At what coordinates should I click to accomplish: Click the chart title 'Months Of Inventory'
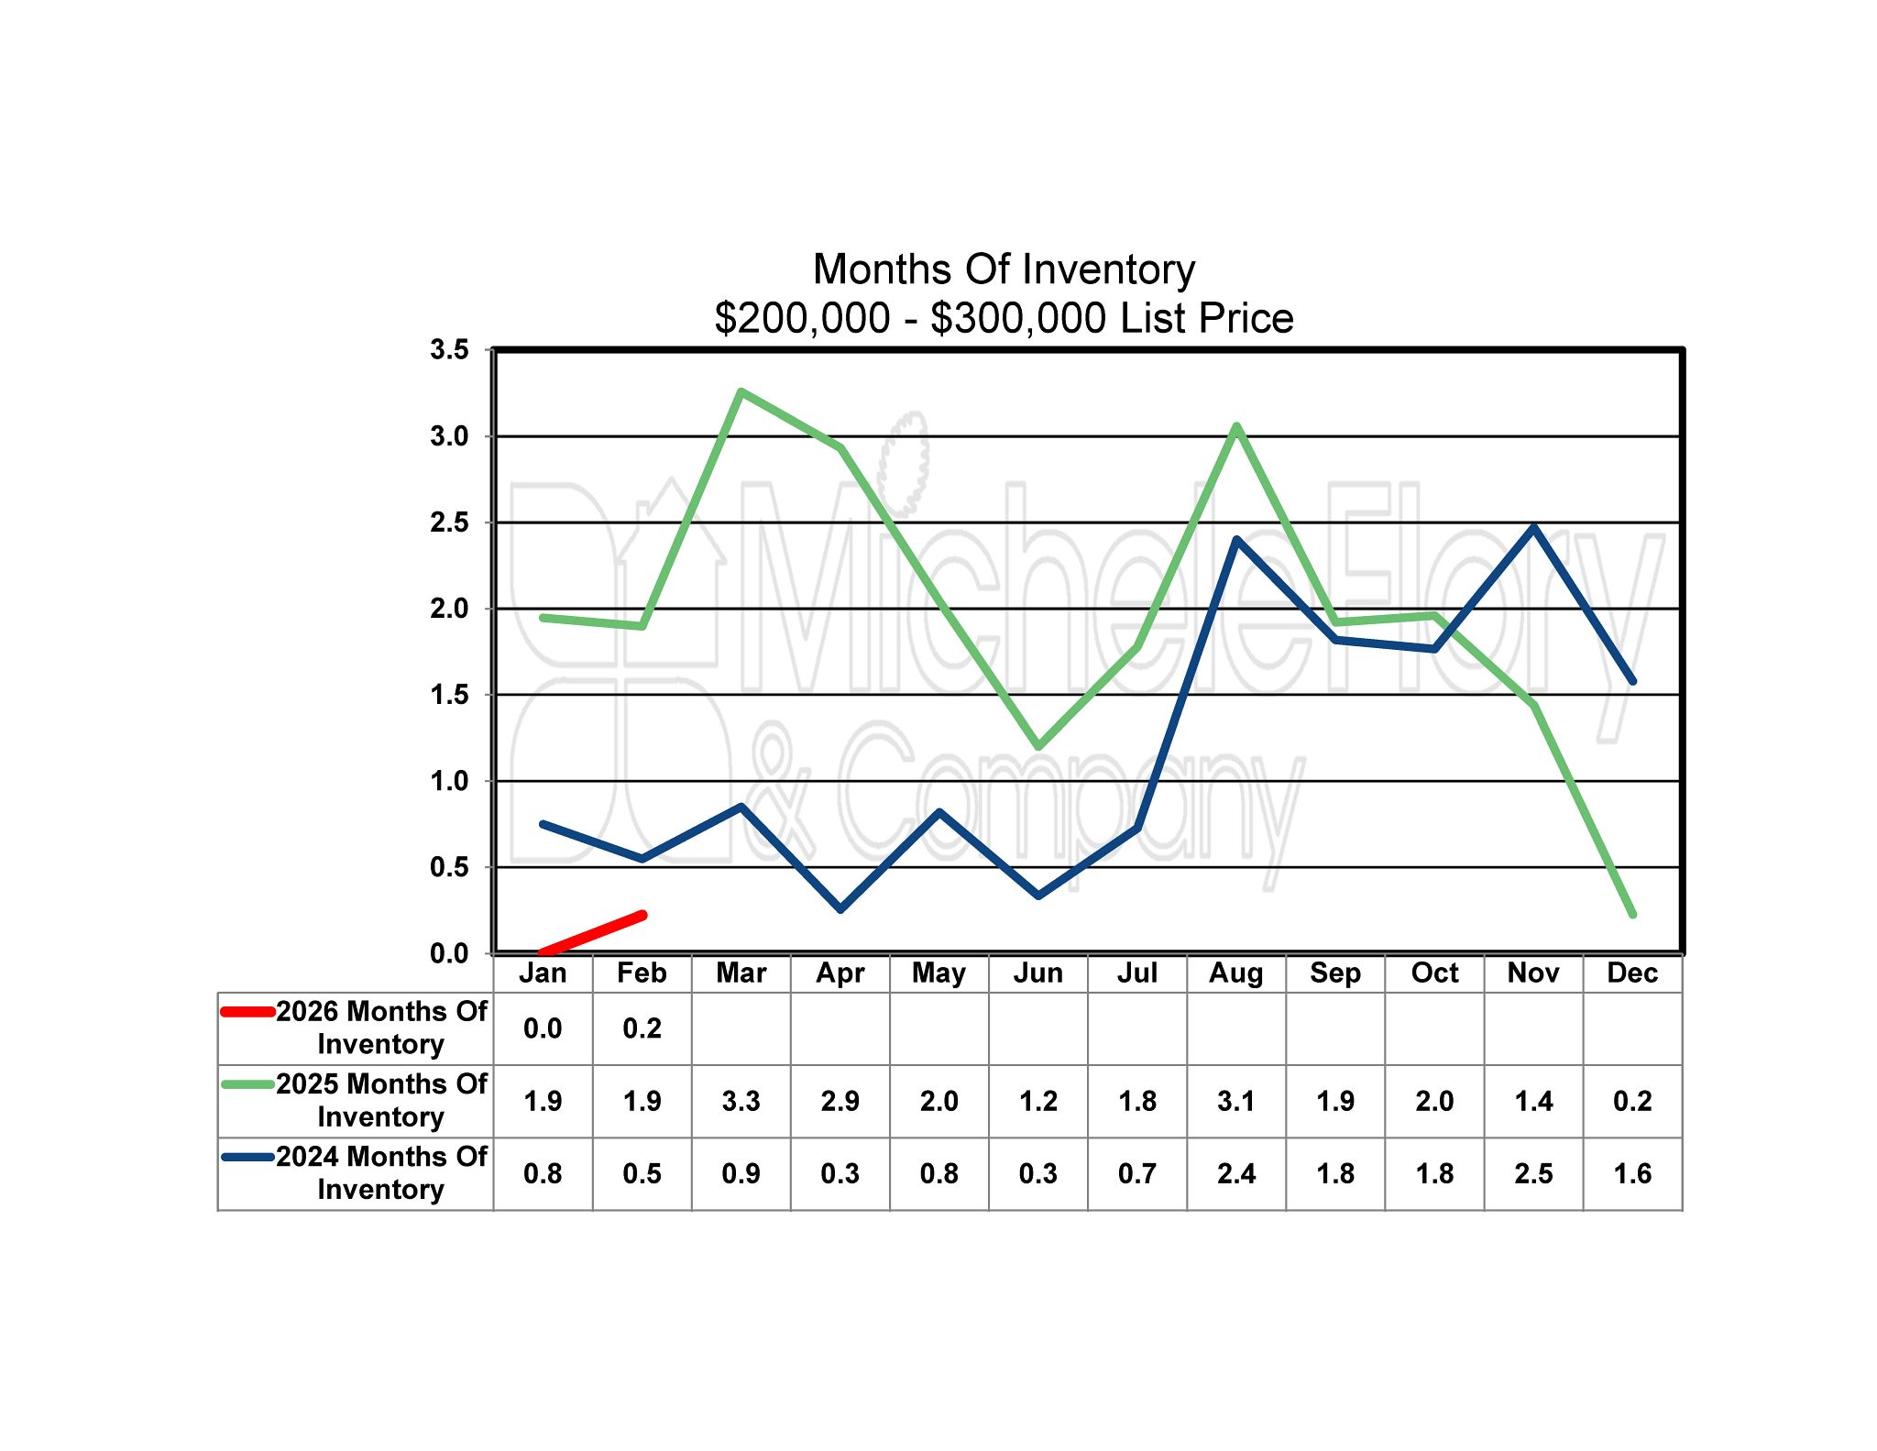click(1004, 269)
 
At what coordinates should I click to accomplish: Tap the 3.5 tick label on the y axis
click(449, 349)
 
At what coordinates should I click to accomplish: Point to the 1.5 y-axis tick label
click(449, 695)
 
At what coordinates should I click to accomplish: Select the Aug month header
click(1235, 973)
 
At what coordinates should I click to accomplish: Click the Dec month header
click(1632, 973)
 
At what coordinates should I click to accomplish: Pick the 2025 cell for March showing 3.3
click(741, 1101)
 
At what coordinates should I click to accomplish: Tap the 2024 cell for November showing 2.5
click(1533, 1173)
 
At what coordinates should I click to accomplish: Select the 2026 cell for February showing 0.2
click(642, 1028)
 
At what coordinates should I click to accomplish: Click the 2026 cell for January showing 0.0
click(543, 1028)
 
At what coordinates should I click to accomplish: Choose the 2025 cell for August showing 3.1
click(1235, 1101)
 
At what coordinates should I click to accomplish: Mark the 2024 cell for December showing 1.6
click(1632, 1173)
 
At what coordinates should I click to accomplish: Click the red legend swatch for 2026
click(247, 1012)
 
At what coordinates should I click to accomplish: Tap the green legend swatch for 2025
click(247, 1084)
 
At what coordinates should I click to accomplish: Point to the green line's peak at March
click(741, 392)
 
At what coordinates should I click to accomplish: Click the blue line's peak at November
click(1533, 527)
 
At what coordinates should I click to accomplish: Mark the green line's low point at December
click(1632, 914)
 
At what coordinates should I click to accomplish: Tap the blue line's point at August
click(1236, 540)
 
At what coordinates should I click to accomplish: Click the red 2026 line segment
click(593, 933)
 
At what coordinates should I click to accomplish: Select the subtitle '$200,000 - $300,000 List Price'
click(1004, 318)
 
